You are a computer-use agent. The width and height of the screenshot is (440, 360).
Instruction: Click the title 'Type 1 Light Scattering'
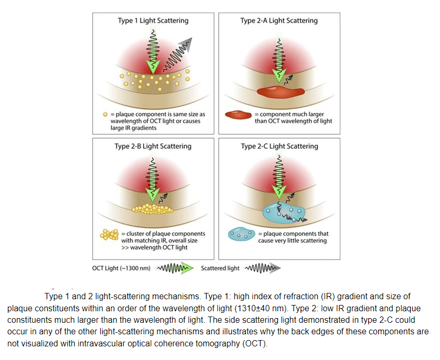153,21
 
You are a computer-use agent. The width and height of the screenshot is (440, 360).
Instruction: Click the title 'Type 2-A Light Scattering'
279,21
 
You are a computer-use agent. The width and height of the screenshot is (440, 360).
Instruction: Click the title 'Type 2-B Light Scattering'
153,146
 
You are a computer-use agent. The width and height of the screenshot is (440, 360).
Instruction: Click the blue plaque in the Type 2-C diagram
283,212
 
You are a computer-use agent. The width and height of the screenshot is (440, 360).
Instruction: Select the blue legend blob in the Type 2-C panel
241,234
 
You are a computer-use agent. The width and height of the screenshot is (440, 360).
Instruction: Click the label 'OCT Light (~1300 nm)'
121,268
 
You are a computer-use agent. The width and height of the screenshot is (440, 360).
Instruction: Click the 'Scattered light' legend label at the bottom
220,268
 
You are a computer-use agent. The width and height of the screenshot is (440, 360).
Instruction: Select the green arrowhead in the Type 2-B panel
153,194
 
